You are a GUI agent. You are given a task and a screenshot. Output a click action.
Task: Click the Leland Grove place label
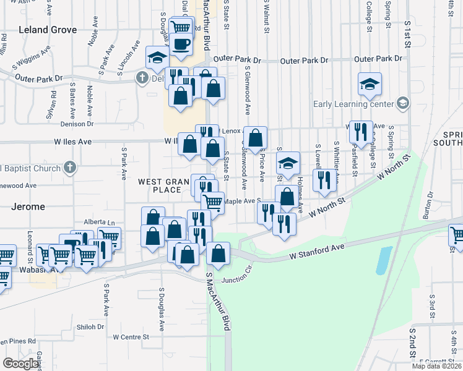click(x=48, y=30)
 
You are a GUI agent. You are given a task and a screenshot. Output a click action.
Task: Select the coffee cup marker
click(x=181, y=45)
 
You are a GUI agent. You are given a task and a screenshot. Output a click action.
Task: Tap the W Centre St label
click(x=132, y=337)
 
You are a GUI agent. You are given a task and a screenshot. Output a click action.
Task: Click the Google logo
click(x=20, y=363)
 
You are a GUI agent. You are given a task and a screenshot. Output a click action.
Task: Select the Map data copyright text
click(x=436, y=366)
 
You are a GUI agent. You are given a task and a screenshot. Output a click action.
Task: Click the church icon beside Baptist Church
click(x=70, y=168)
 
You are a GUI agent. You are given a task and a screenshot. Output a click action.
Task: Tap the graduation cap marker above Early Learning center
click(x=370, y=84)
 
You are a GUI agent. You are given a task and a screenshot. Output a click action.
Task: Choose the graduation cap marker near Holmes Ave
click(x=288, y=163)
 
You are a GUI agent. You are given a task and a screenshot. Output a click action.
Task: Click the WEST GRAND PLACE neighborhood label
click(x=159, y=185)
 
